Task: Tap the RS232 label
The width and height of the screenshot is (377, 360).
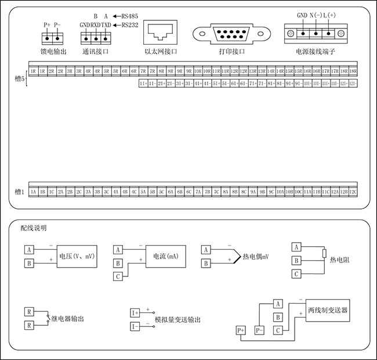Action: tap(130, 25)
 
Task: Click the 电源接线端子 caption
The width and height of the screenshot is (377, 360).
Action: tap(316, 52)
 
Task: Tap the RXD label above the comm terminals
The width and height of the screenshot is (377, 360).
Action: tap(96, 25)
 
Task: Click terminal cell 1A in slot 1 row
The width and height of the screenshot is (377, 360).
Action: tap(34, 191)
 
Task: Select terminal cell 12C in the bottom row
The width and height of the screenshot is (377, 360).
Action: tap(353, 191)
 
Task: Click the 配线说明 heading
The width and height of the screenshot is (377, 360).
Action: tap(34, 228)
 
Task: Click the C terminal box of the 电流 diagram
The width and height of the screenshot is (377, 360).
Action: tap(118, 276)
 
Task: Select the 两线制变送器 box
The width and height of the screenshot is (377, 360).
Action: tap(328, 310)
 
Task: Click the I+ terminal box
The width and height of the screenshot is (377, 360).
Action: tap(135, 312)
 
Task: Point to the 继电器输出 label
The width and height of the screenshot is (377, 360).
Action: tap(72, 319)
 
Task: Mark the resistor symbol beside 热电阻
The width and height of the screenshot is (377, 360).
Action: tap(324, 254)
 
